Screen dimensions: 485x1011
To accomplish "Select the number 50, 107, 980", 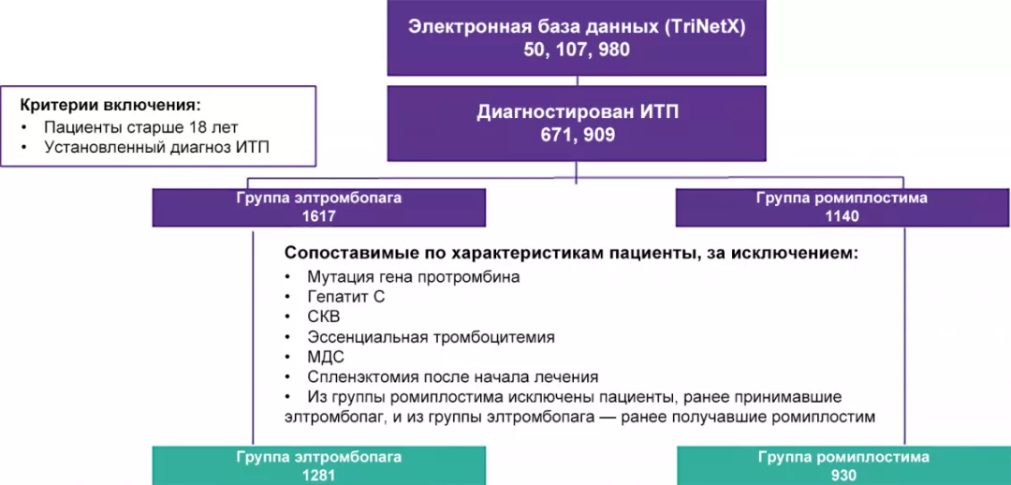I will click(577, 50).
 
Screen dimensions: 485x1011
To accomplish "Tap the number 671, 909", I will click(577, 135).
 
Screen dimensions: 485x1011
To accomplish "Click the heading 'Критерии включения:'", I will click(111, 104).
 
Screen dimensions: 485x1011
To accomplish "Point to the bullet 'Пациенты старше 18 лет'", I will click(141, 126).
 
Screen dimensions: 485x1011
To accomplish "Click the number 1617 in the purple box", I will click(319, 215).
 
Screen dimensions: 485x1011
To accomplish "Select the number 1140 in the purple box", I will click(842, 215).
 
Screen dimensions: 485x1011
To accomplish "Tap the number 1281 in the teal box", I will click(319, 475).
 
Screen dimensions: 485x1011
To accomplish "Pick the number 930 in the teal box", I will click(842, 475).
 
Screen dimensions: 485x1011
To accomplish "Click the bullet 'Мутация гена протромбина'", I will click(413, 276).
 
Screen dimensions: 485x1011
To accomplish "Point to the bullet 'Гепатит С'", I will click(345, 297).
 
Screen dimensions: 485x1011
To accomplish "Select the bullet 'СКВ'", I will click(324, 316).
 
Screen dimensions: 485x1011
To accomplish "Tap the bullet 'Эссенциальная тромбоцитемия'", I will click(431, 337).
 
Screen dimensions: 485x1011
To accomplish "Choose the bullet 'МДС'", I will click(326, 357).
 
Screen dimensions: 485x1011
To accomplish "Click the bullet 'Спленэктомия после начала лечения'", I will click(452, 377).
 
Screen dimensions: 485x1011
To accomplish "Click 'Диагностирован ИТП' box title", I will click(577, 112).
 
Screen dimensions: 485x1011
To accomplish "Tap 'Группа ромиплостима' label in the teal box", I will click(842, 458).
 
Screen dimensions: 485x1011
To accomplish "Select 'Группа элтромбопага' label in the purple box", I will click(319, 198).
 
